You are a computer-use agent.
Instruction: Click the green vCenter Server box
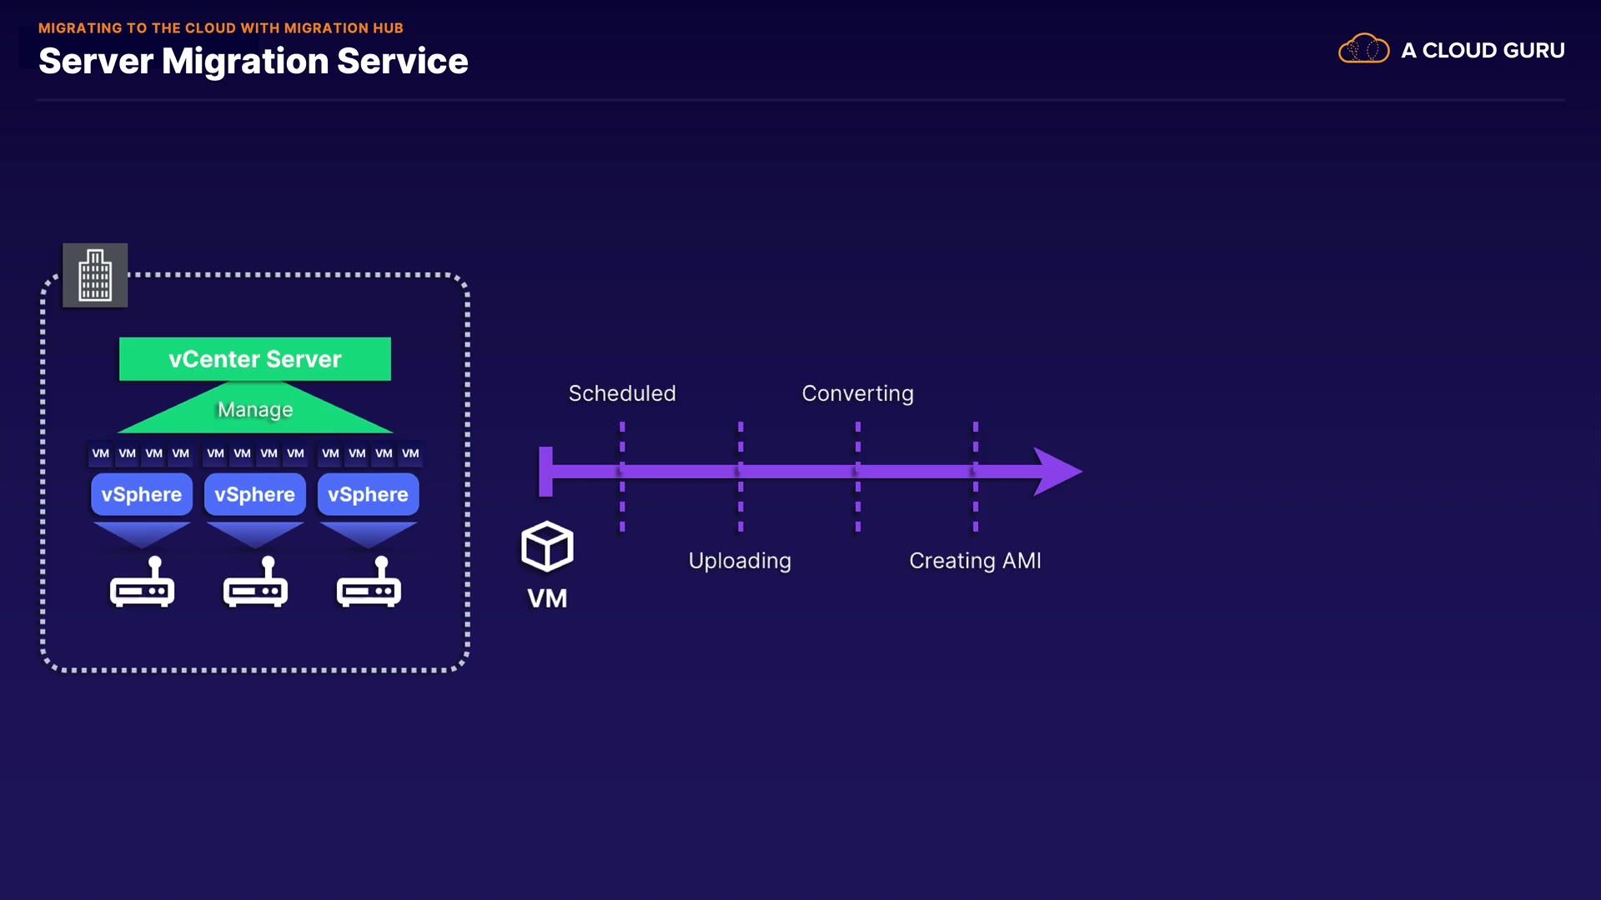coord(254,359)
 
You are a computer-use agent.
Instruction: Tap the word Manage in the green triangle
coord(255,410)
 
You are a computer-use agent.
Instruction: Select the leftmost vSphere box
coord(142,494)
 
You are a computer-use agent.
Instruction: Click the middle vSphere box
coord(255,494)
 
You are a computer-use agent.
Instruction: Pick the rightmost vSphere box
coord(368,494)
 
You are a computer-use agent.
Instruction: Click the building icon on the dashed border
coord(95,276)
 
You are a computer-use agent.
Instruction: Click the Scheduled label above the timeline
coord(622,393)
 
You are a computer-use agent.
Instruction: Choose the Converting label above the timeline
coord(857,393)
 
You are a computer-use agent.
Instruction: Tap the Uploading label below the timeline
coord(740,561)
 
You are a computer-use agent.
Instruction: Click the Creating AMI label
coord(975,561)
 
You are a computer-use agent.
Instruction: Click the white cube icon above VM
coord(547,547)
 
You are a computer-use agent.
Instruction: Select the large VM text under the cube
coord(547,598)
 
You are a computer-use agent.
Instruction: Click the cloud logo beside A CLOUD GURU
coord(1363,49)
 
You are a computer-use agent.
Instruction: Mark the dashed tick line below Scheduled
coord(622,508)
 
